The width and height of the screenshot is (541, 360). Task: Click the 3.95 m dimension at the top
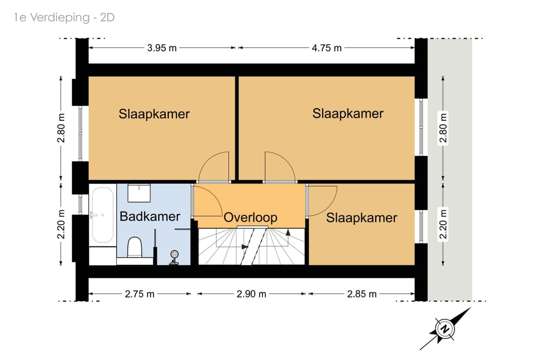(162, 48)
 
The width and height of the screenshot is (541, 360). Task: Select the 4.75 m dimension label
(327, 48)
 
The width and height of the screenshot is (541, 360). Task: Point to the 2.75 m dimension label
(140, 294)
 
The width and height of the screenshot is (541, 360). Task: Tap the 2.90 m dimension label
(251, 294)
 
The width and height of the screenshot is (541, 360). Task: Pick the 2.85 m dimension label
(362, 294)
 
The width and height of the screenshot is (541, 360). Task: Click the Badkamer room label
(150, 216)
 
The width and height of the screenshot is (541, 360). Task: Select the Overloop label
(250, 218)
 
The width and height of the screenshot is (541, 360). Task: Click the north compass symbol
(444, 328)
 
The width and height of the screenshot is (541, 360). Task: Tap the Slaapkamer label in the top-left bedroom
(154, 114)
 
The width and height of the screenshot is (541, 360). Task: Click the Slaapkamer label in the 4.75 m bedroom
(348, 114)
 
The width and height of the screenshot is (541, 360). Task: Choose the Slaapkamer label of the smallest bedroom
(361, 218)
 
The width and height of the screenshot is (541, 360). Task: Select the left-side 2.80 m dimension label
(61, 128)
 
